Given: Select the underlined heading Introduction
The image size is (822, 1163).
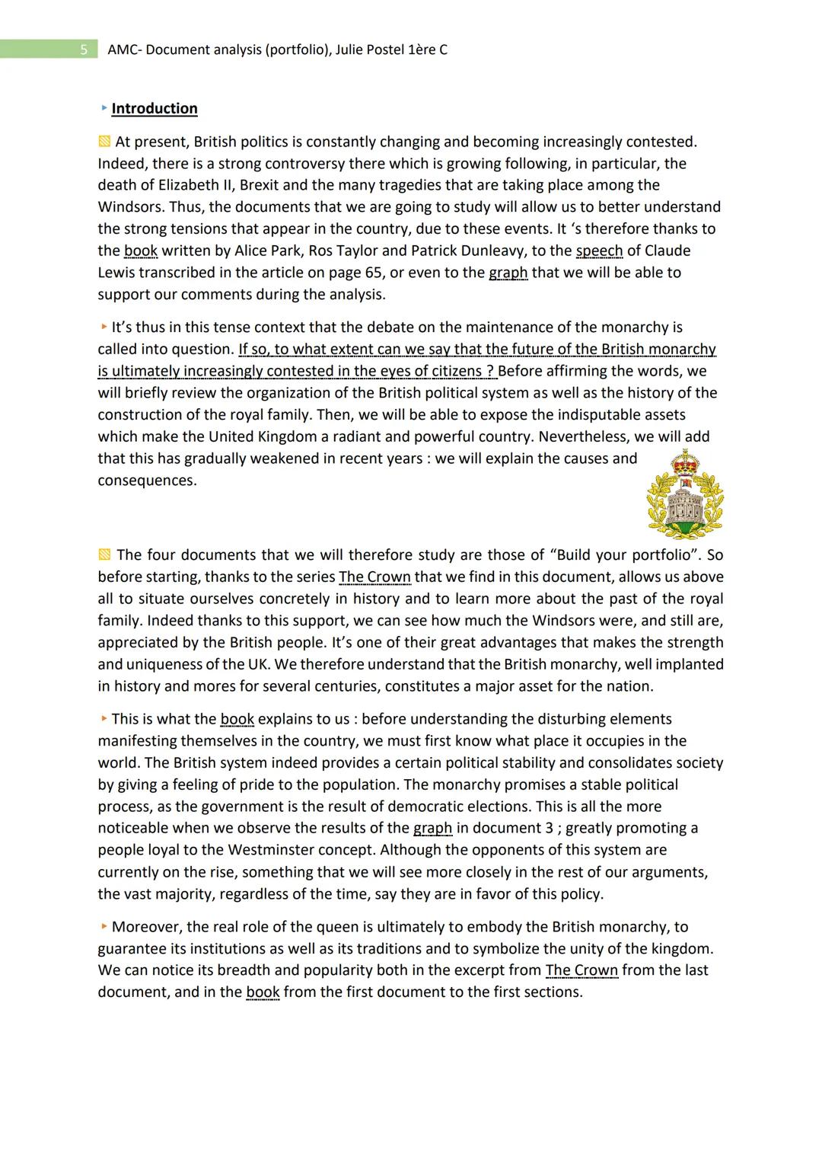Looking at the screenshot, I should click(155, 109).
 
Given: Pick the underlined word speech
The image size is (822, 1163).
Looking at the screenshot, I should click(599, 251).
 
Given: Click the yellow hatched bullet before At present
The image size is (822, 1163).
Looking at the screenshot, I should click(104, 142).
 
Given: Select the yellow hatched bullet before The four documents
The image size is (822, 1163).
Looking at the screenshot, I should click(104, 554).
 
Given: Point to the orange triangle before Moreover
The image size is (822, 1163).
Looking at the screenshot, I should click(104, 927).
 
